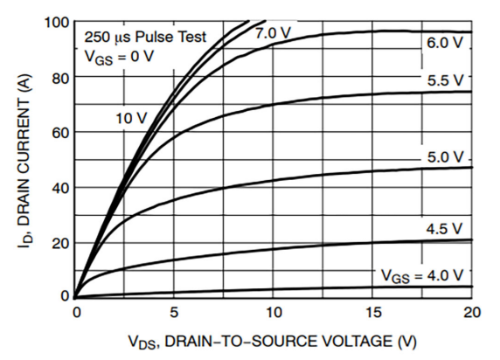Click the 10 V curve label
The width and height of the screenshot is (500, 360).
pyautogui.click(x=131, y=117)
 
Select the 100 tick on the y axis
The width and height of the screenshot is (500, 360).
pyautogui.click(x=57, y=22)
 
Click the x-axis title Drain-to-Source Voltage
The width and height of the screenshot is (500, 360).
pyautogui.click(x=274, y=341)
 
